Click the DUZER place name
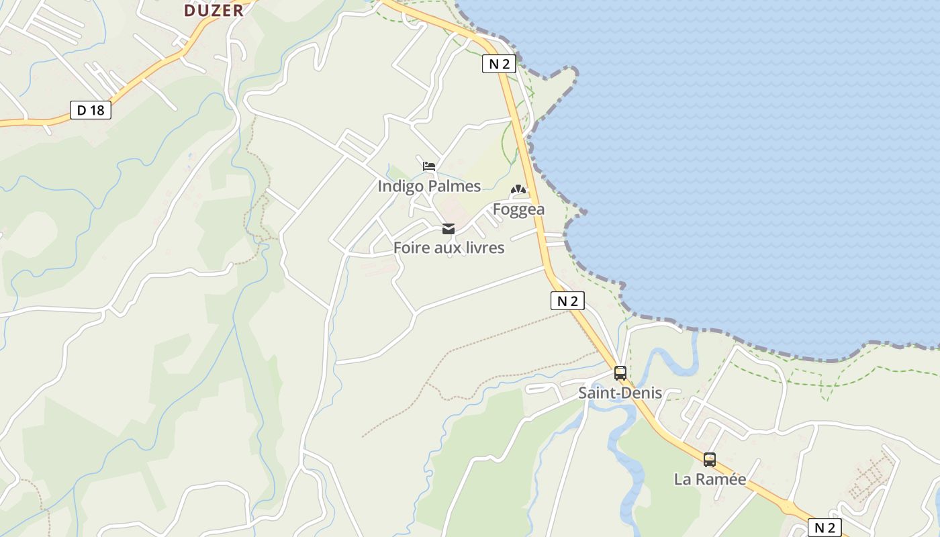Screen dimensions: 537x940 click(x=214, y=10)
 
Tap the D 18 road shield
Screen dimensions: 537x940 click(x=91, y=110)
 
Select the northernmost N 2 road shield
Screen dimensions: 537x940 click(x=499, y=64)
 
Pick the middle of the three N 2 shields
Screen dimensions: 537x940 click(x=567, y=301)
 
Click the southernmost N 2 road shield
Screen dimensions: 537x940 click(x=825, y=528)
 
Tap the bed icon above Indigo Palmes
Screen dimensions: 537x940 click(x=429, y=166)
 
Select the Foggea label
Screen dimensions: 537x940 click(x=518, y=209)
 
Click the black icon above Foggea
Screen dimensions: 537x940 click(x=518, y=190)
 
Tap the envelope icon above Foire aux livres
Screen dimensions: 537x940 click(x=449, y=229)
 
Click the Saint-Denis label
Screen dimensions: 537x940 click(x=620, y=393)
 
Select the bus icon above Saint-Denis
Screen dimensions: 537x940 click(x=620, y=373)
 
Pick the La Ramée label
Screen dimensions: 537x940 click(x=710, y=479)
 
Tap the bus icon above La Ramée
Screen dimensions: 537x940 click(x=710, y=460)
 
